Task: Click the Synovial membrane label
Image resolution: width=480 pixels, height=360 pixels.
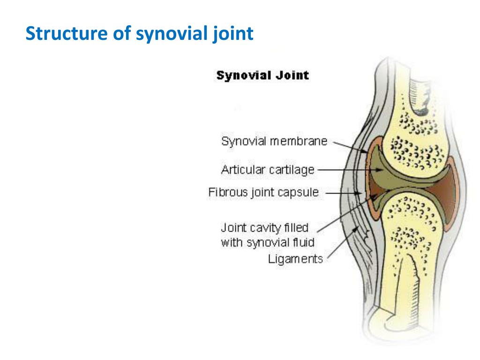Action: [274, 142]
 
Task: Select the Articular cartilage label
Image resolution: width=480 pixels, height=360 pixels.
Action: [268, 170]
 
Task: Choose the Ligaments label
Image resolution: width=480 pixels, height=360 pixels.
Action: [295, 258]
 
